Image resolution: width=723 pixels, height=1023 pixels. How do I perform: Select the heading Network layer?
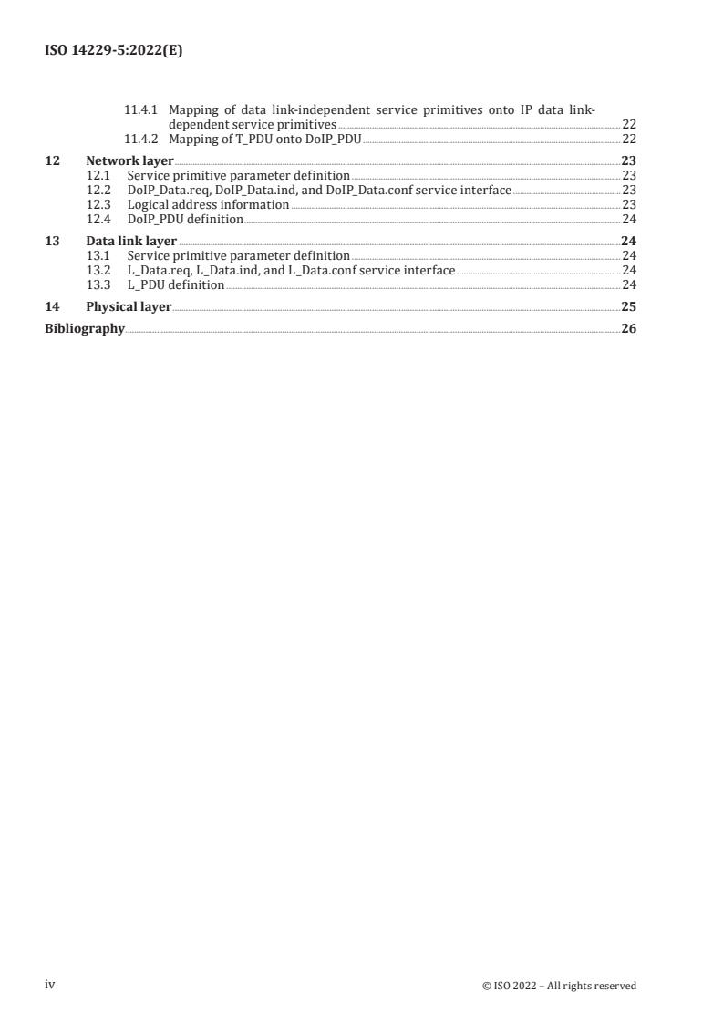point(129,160)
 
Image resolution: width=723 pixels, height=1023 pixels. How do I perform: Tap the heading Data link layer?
point(131,242)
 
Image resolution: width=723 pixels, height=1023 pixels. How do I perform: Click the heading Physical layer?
point(129,307)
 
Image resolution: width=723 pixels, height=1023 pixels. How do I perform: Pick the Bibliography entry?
point(85,328)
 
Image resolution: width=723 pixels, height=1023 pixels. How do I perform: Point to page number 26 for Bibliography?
point(628,328)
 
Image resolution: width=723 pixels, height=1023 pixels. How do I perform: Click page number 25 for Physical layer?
point(628,307)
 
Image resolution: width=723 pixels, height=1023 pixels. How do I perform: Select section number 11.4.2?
point(141,139)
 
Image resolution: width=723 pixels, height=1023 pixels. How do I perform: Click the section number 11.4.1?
point(141,110)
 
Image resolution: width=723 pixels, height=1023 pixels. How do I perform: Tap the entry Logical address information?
point(208,204)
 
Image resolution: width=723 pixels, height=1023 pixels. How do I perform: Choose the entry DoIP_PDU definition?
point(185,219)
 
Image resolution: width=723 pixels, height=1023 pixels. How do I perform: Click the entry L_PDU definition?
point(175,284)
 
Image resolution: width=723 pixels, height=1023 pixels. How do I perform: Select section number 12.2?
point(98,190)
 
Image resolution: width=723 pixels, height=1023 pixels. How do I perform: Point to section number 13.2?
point(98,270)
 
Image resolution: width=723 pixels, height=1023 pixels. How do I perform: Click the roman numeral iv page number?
point(51,985)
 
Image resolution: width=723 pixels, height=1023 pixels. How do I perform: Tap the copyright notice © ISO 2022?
point(559,986)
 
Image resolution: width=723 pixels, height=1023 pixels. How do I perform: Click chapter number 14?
point(53,307)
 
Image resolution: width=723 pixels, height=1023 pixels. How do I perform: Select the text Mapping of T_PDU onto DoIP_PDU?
point(265,139)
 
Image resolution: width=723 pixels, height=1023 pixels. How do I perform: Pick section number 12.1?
point(98,175)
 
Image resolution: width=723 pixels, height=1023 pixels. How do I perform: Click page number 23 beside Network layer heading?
point(628,160)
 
